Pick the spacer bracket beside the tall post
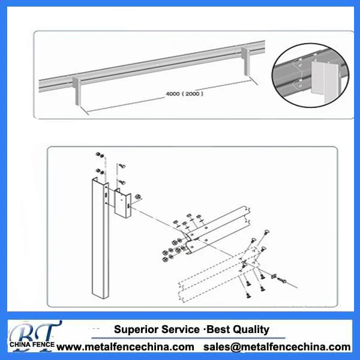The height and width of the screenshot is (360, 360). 123,203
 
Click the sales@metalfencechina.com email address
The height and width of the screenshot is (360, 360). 277,347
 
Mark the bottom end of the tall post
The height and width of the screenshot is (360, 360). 99,293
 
